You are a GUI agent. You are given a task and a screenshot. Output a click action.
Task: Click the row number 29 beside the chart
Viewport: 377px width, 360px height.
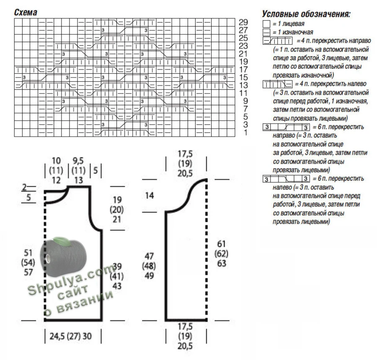[243, 22]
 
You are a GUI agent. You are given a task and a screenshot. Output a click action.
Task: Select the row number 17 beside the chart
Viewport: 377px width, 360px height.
[243, 70]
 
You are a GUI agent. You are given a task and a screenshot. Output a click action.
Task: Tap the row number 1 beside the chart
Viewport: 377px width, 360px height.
[245, 132]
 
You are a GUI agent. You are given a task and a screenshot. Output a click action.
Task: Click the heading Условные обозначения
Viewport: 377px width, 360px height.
[306, 15]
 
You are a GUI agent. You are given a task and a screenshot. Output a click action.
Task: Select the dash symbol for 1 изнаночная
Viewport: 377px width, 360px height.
[266, 32]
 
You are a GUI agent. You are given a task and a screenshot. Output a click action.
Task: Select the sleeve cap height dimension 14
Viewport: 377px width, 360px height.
[150, 195]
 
